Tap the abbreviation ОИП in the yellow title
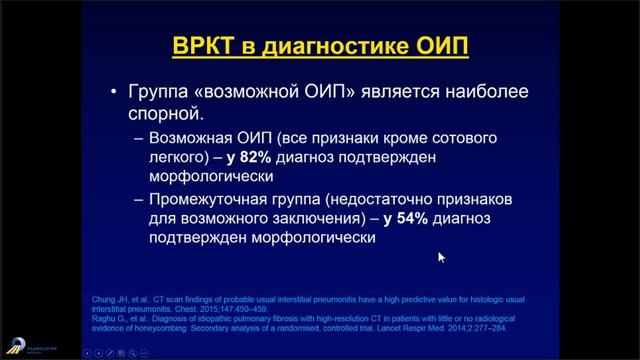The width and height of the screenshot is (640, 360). [x=437, y=47]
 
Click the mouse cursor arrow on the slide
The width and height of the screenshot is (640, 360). [x=441, y=257]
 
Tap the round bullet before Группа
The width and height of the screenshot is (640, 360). [x=116, y=91]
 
